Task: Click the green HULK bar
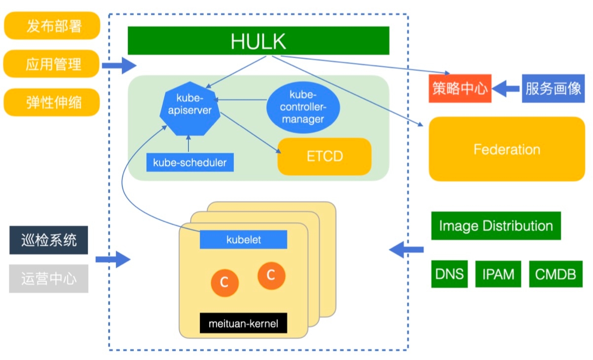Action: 258,40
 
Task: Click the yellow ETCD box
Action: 324,157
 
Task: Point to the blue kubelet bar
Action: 243,240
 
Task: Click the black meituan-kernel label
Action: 243,324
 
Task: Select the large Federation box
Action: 507,149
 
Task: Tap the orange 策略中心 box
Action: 460,89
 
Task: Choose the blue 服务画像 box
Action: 553,89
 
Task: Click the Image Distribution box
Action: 496,226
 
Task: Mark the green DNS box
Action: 449,274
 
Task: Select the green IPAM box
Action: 498,274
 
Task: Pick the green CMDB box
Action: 556,274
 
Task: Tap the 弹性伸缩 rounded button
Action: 52,103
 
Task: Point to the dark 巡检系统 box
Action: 48,240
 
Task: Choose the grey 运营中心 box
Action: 48,279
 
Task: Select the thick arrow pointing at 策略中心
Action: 506,89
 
